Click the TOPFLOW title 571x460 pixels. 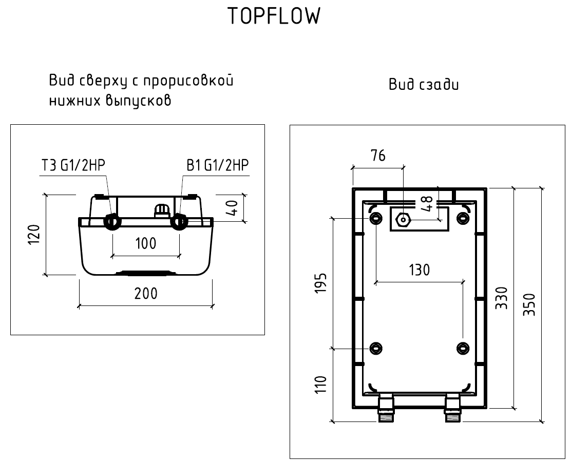coord(274,17)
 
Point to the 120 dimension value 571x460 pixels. coord(34,235)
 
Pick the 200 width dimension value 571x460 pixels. coord(146,294)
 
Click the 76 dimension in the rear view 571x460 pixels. coord(378,156)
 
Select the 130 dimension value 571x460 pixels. coord(420,270)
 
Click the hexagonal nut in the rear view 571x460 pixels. coord(403,220)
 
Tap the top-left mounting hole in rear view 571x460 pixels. coord(376,218)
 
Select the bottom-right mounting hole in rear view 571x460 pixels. coord(464,348)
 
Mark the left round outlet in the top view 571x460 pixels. coord(112,221)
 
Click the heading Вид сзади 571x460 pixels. coord(424,85)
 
